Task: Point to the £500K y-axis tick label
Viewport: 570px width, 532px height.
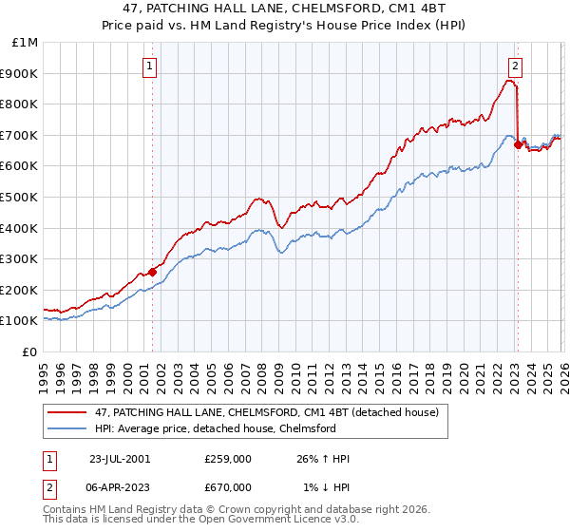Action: point(21,197)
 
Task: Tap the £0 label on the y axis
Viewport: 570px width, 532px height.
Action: point(30,351)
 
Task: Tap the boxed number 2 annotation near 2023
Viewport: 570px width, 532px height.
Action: point(515,66)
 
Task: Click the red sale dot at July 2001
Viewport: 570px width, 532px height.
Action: point(153,272)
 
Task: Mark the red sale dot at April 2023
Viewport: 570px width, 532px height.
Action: point(518,144)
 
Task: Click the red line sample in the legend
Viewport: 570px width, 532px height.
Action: point(68,413)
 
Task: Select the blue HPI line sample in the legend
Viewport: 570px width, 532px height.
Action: point(68,428)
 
